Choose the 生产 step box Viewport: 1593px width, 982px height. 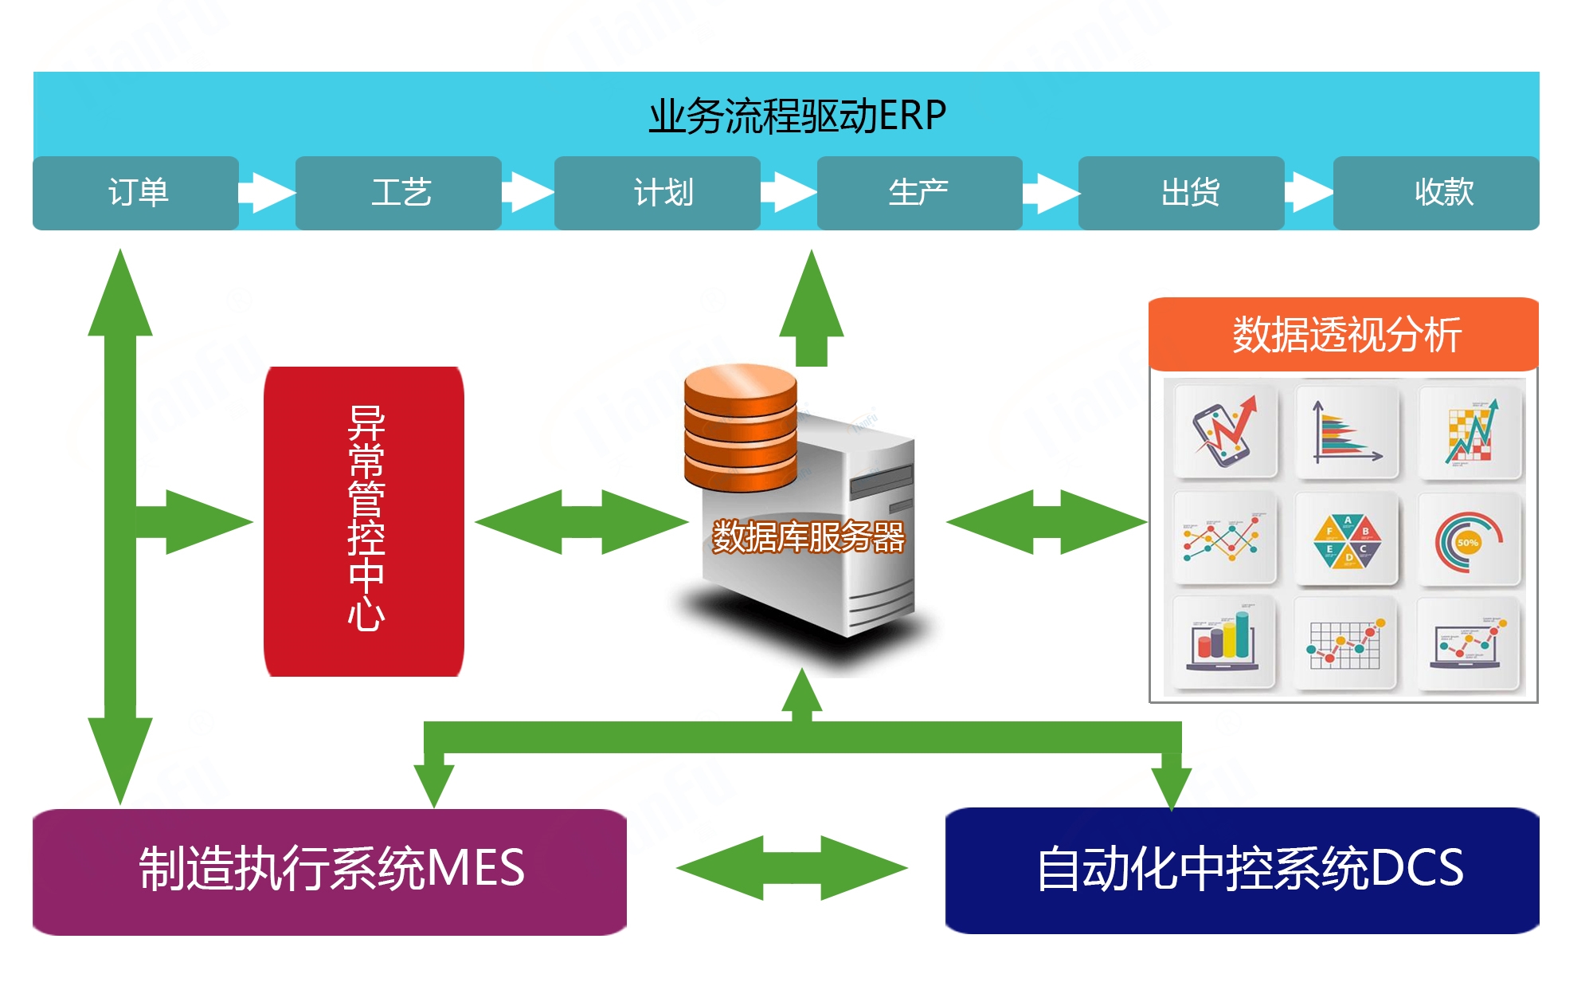[x=919, y=193]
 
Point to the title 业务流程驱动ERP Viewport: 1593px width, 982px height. [x=796, y=116]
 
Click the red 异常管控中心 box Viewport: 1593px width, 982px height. [x=364, y=521]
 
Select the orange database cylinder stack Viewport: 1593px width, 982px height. [x=740, y=427]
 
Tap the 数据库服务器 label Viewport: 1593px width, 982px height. [x=808, y=536]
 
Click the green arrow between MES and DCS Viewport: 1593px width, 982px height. [x=792, y=868]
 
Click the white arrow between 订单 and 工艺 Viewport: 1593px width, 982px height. [x=267, y=193]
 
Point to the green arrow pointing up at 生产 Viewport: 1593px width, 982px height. [x=811, y=311]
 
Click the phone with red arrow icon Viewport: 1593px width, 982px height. [x=1224, y=430]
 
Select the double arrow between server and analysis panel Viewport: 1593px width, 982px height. [x=1047, y=522]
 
